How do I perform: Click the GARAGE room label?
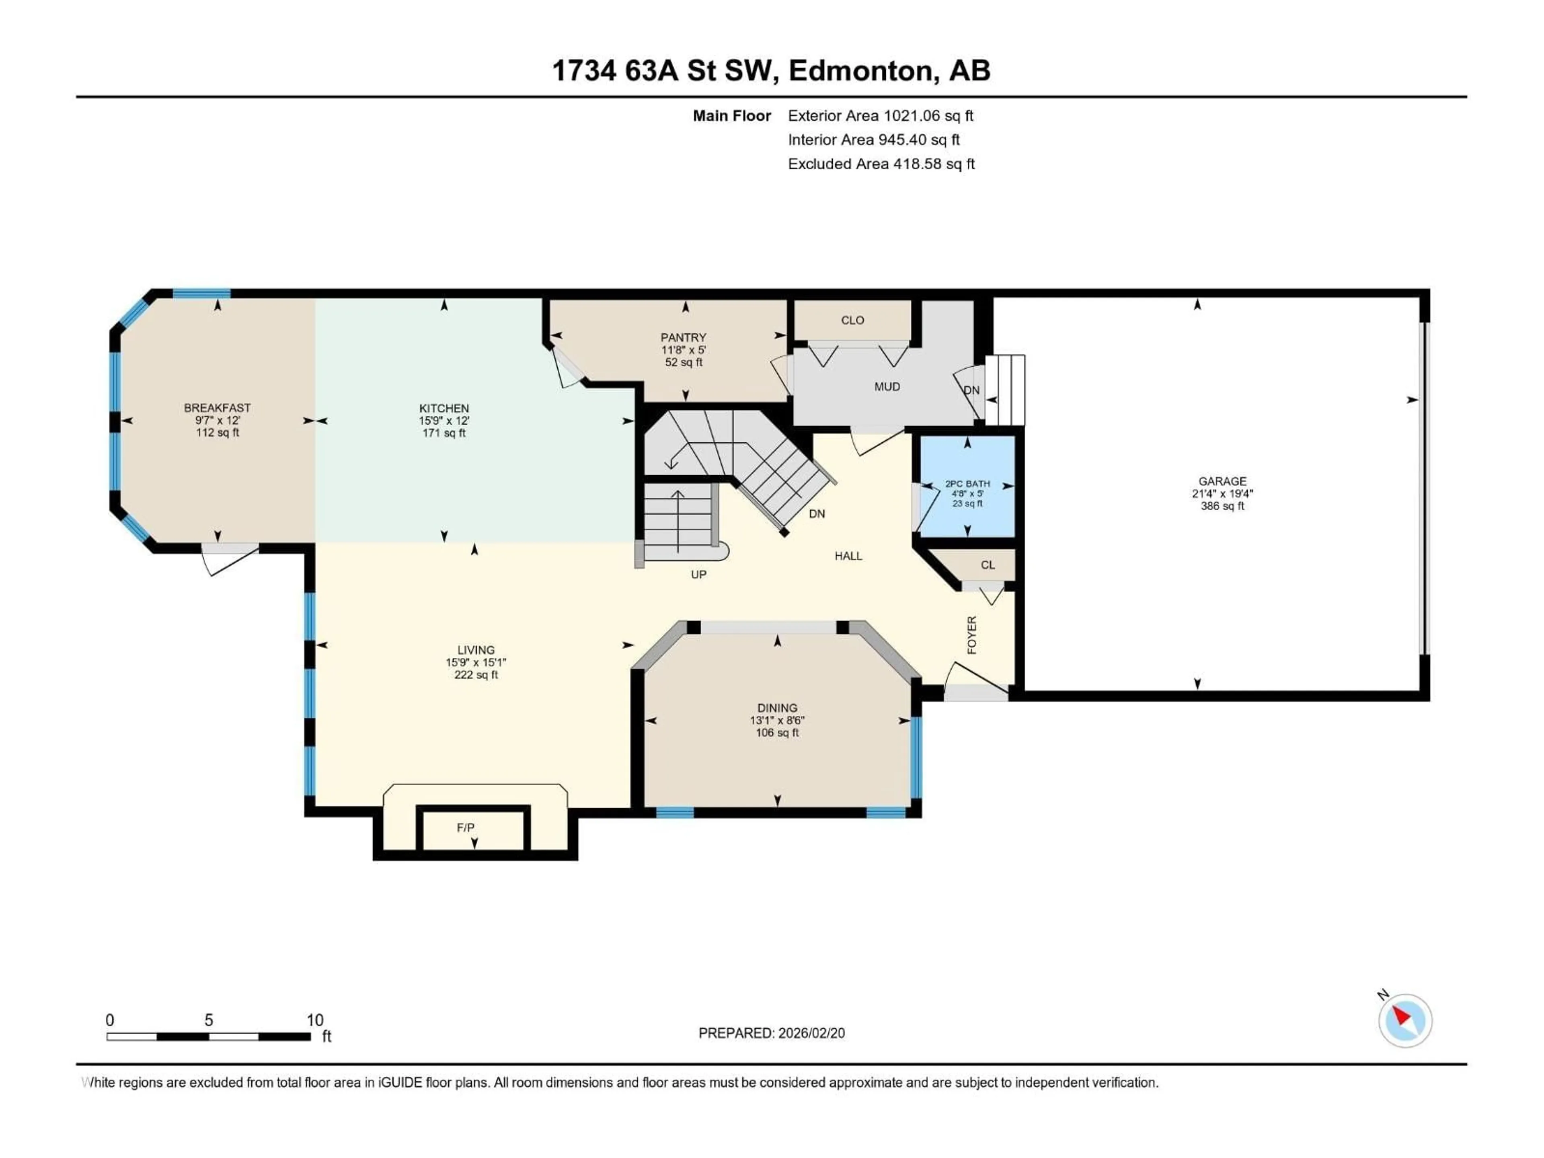1222,481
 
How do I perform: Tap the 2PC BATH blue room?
967,487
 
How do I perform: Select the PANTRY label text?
684,337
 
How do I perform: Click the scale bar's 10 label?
315,1020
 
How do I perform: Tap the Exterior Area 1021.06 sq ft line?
880,116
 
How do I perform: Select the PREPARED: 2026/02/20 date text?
771,1033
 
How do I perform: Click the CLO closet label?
852,320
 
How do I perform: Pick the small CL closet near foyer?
987,565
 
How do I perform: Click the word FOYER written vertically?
971,635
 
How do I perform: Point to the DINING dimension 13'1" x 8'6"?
777,721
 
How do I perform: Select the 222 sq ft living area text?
476,675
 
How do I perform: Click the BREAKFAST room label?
217,408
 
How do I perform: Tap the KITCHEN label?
444,409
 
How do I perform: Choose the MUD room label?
887,387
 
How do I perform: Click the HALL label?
848,556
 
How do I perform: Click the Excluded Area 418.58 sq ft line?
881,164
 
